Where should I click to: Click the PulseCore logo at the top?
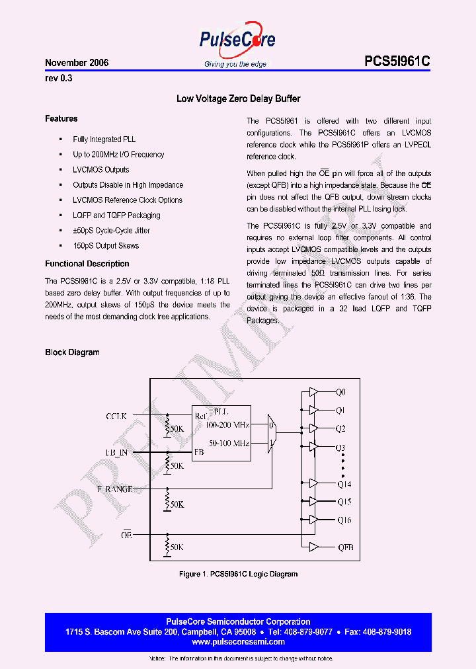237,41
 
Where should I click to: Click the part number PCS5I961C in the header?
397,61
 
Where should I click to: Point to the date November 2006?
77,63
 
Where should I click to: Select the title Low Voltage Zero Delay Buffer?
238,98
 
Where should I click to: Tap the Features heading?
61,119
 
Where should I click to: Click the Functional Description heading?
87,264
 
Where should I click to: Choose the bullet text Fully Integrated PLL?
104,139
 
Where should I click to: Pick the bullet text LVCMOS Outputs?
100,170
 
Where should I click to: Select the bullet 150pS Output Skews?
106,246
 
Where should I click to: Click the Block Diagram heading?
72,352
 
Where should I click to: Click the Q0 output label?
340,393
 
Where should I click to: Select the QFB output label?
345,547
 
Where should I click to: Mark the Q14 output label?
343,485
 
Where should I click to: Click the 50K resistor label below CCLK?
177,428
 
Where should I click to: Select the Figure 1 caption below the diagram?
238,574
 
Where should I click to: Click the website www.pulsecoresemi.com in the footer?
238,642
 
